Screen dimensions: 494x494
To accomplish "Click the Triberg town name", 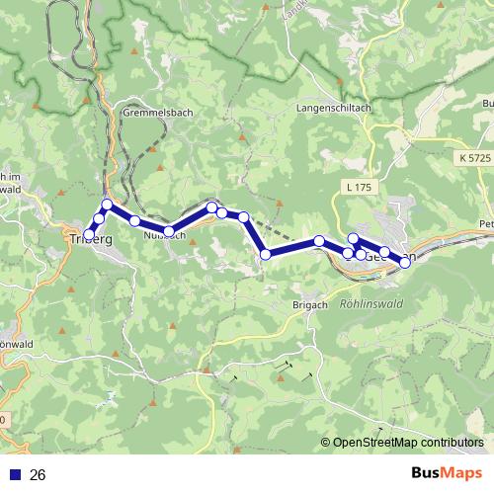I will tap(90, 240).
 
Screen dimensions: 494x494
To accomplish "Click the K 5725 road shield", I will tap(475, 158).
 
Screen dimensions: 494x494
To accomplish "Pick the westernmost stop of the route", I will tap(90, 234).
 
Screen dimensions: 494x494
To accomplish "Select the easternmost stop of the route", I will tap(405, 262).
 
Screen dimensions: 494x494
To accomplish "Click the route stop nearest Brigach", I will tap(266, 255).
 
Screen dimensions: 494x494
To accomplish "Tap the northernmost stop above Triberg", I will tap(108, 205).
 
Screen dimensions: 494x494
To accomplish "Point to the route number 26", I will tap(39, 475).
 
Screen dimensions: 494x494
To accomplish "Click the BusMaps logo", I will tap(447, 474).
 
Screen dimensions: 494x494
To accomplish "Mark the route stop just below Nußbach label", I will tap(169, 231).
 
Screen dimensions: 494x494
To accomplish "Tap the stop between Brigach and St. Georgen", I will tap(320, 241).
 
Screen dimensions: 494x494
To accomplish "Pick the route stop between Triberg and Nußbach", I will tap(134, 220).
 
